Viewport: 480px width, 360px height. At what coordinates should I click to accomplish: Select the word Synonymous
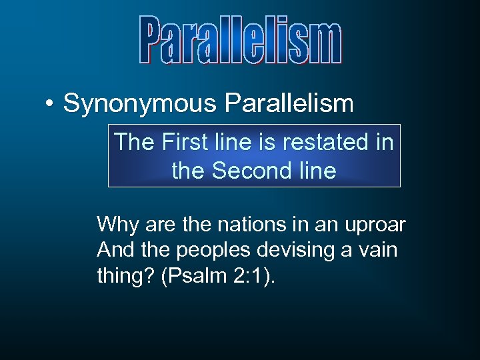(139, 104)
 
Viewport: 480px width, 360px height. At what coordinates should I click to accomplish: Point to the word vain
(378, 251)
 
